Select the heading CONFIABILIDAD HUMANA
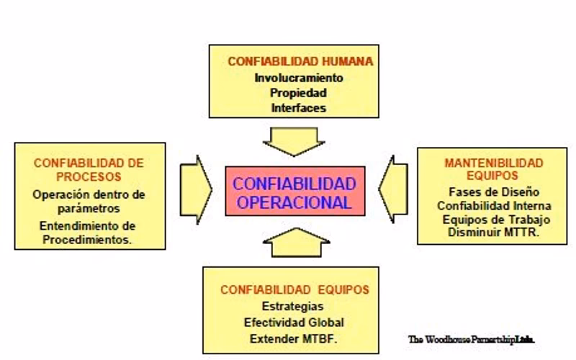click(300, 62)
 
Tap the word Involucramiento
click(299, 78)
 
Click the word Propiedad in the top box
click(299, 93)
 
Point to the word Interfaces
click(299, 108)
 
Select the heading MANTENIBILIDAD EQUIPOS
click(493, 168)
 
